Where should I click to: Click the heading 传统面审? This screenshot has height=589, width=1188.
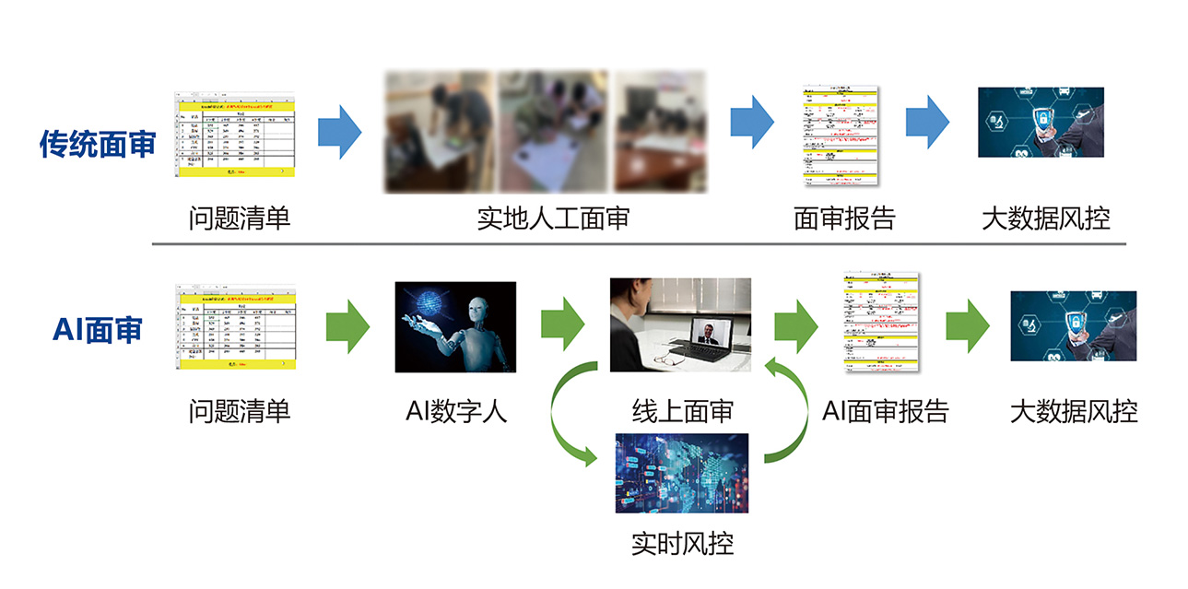click(97, 145)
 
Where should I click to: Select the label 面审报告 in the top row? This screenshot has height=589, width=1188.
click(844, 218)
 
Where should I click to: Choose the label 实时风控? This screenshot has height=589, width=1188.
click(683, 542)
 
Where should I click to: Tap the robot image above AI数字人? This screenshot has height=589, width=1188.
click(455, 326)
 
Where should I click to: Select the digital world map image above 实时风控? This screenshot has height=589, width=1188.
click(682, 472)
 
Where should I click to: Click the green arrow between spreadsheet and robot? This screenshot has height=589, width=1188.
click(347, 325)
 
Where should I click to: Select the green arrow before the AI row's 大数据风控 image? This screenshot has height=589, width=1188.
click(967, 325)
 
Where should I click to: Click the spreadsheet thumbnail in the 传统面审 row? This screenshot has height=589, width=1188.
click(234, 135)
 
